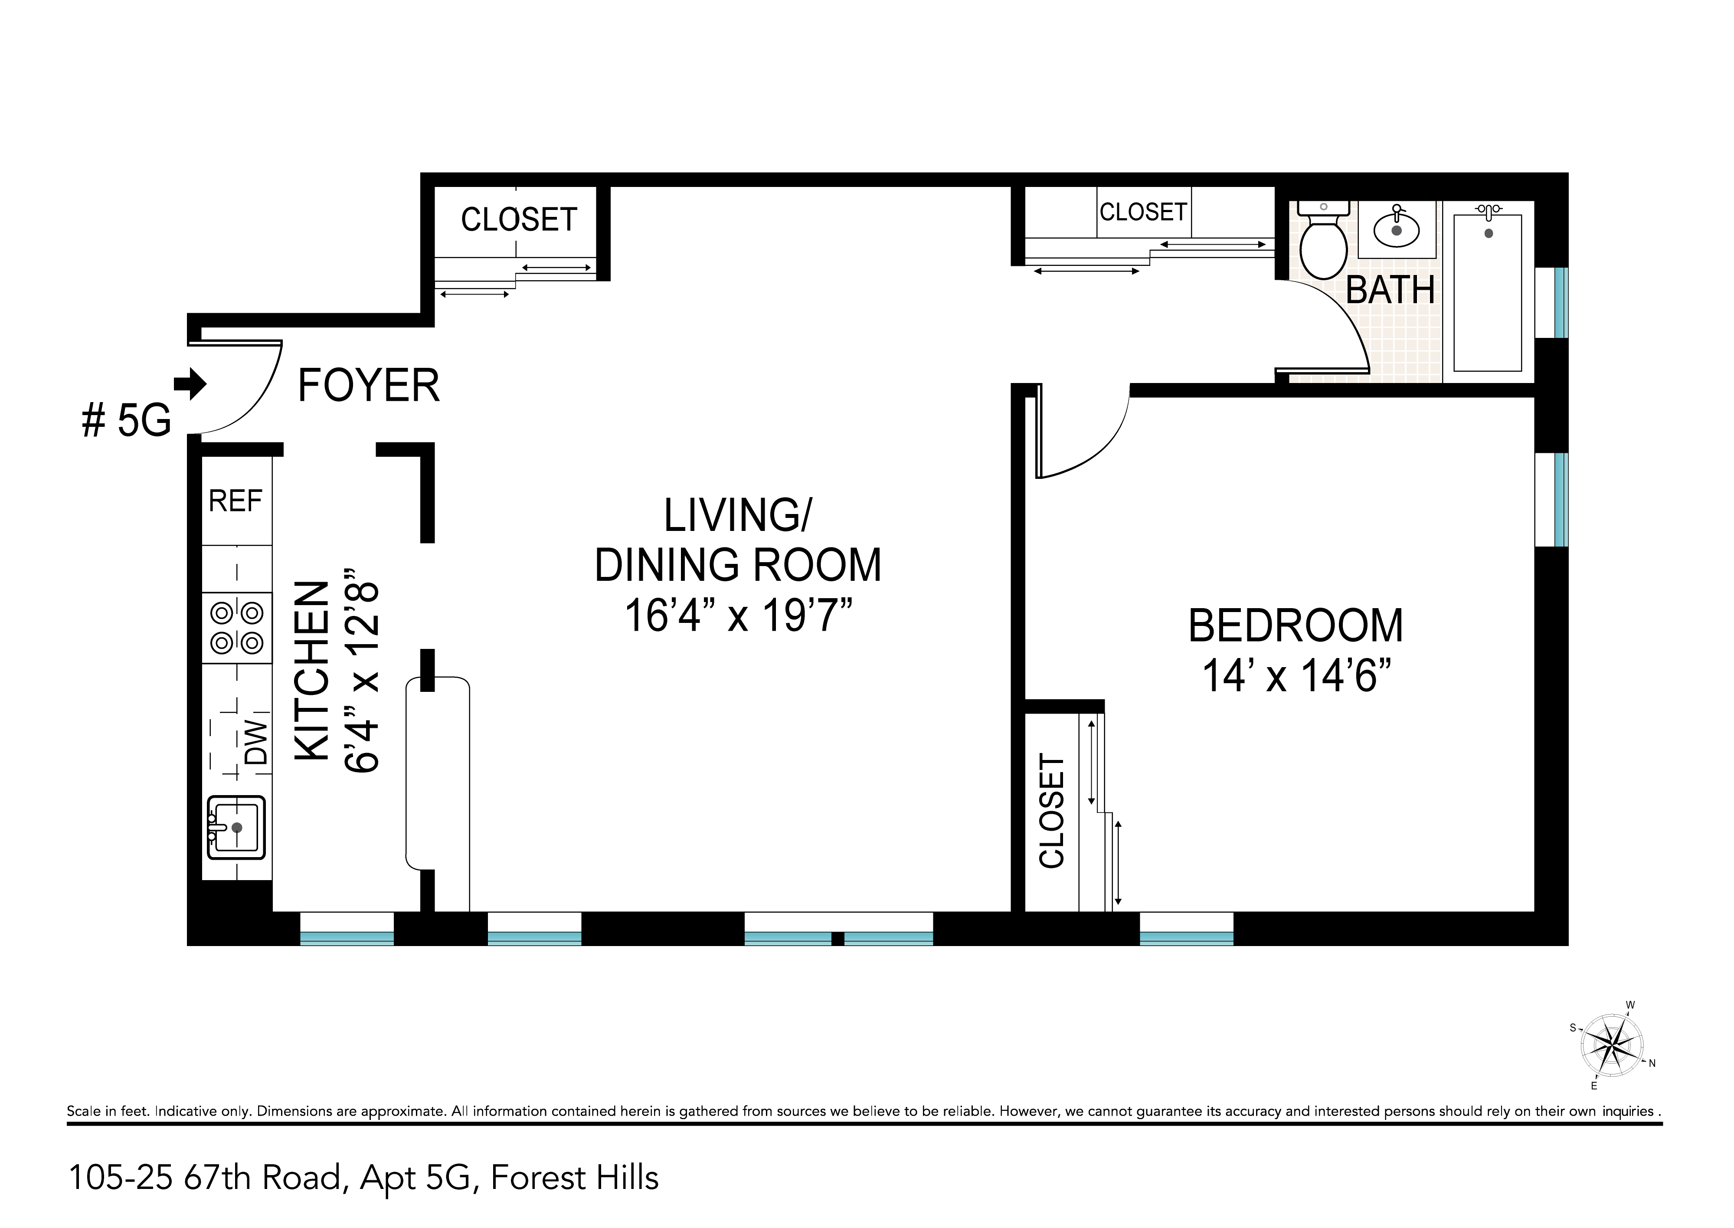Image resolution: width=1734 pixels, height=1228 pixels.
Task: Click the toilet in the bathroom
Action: click(1324, 240)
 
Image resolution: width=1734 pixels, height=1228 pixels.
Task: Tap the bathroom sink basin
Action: click(1397, 229)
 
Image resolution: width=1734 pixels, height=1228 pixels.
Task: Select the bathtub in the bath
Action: click(1488, 293)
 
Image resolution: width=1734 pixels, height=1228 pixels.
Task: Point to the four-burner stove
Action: click(236, 628)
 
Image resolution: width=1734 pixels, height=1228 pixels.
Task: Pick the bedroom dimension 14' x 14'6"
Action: click(1296, 675)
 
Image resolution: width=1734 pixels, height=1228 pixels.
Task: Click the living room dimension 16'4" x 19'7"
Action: click(739, 615)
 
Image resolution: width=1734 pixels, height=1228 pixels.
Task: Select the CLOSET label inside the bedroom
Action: click(1051, 811)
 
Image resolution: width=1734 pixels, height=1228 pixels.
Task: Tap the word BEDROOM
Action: click(1296, 625)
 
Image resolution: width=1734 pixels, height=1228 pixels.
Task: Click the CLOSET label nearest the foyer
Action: click(519, 219)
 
